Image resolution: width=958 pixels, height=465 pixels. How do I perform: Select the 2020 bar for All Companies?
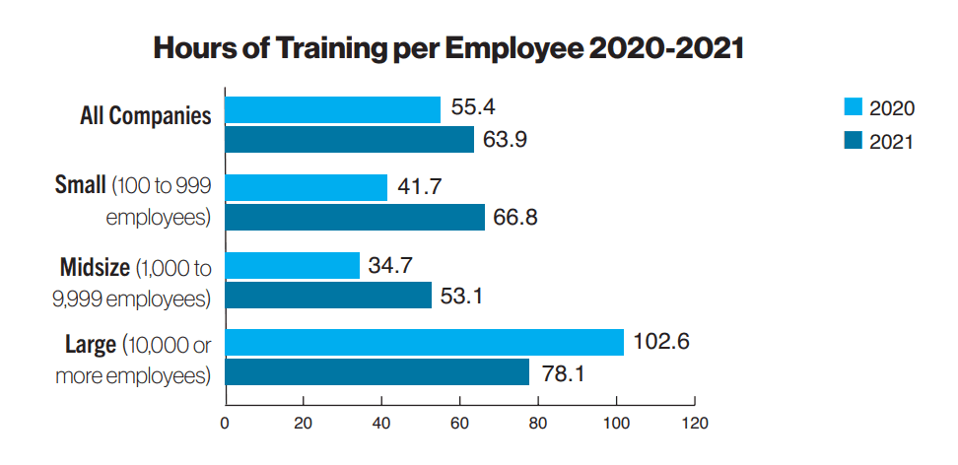click(333, 109)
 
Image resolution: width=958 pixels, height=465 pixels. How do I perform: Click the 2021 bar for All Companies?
click(350, 139)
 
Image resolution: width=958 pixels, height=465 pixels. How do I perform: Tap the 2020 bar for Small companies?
click(307, 187)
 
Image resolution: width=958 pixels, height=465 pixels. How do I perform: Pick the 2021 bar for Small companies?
click(355, 217)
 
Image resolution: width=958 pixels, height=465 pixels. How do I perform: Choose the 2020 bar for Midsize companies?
click(293, 265)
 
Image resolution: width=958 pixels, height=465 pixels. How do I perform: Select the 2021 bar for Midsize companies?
click(328, 295)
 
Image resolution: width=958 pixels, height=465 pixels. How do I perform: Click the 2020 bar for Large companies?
click(425, 342)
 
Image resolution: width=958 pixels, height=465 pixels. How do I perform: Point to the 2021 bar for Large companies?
click(377, 372)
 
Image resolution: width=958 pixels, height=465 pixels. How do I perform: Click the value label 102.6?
click(661, 342)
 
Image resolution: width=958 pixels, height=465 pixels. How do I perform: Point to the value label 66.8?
click(516, 217)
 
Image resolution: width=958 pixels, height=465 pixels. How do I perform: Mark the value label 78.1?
click(561, 372)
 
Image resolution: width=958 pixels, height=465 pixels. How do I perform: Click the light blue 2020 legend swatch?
click(854, 107)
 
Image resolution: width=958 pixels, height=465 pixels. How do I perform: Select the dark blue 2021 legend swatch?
click(854, 140)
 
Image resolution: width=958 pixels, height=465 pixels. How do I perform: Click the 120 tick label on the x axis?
click(695, 425)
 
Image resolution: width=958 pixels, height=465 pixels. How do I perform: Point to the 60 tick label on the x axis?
click(460, 425)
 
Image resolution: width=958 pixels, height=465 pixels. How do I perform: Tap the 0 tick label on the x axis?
click(226, 425)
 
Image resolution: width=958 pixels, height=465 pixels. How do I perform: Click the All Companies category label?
click(145, 116)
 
